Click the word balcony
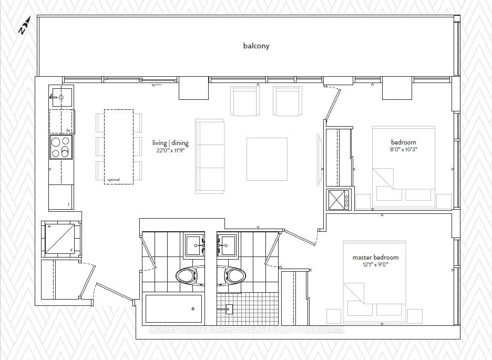coord(256,46)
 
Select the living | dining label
coord(170,143)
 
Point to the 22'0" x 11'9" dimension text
coord(170,150)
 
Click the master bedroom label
coord(375,258)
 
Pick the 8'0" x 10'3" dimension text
coord(403,149)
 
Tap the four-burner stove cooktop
coord(61,147)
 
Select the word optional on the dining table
coord(114,180)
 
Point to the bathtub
coord(174,308)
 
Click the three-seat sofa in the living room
coord(210,156)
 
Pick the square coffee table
coord(267,159)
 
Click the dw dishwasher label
coord(68,130)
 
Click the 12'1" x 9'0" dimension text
coord(375,265)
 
